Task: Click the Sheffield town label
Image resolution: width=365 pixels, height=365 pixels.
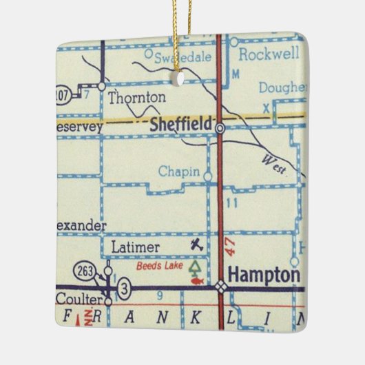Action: (x=180, y=125)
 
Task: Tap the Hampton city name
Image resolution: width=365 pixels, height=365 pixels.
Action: (x=264, y=274)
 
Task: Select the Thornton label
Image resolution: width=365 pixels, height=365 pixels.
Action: (x=137, y=97)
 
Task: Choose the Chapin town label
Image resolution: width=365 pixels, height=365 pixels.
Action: (x=179, y=171)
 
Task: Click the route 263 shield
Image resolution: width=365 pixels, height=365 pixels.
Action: (x=86, y=269)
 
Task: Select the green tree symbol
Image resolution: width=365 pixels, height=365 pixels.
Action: (x=198, y=266)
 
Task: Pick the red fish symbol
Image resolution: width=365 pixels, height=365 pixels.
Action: (x=197, y=280)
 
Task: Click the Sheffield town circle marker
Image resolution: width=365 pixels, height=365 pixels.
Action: (x=219, y=128)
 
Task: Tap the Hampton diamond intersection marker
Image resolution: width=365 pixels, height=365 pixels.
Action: (x=220, y=287)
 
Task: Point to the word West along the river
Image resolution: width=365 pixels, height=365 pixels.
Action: (x=273, y=163)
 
